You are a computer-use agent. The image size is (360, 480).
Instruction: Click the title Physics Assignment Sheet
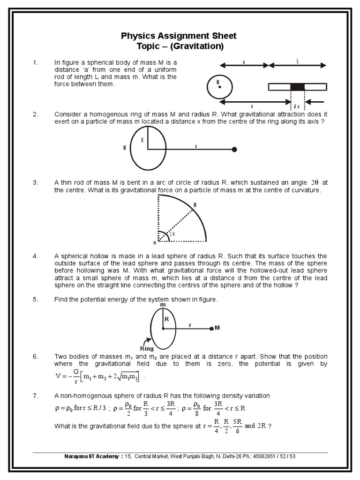(179, 36)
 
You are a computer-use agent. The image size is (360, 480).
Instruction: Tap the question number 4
(35, 256)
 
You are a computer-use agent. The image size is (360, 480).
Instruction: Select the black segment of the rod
(297, 87)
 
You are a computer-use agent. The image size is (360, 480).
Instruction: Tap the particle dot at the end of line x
(234, 150)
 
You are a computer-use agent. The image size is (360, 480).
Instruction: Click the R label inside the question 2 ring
(142, 140)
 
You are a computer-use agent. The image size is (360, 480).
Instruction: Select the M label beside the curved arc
(195, 205)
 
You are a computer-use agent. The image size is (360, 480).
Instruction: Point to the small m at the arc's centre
(154, 243)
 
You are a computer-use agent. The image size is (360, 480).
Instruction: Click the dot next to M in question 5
(212, 329)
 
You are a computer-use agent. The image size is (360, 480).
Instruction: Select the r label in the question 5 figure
(190, 323)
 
